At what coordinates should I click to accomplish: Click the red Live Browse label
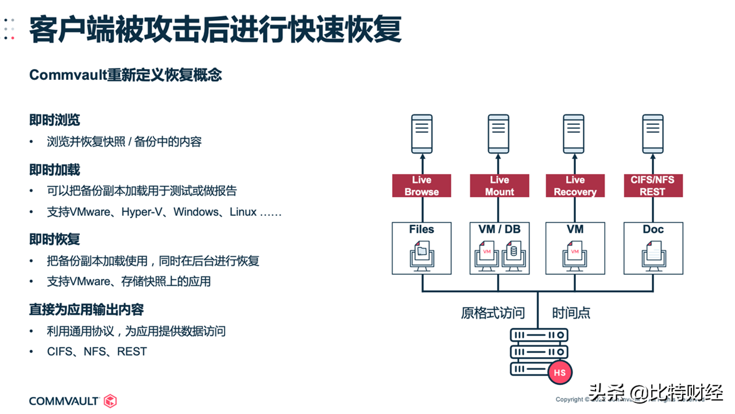tap(421, 186)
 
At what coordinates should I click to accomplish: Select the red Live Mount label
tap(499, 186)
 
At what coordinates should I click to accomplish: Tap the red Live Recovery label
tap(575, 186)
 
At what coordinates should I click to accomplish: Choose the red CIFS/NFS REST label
tap(653, 186)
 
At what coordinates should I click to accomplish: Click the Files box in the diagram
tap(421, 248)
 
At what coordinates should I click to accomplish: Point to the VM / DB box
tap(499, 248)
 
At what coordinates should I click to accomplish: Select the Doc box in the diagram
tap(653, 248)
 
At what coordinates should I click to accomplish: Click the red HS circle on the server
tap(559, 373)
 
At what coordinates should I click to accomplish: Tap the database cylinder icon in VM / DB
tap(512, 251)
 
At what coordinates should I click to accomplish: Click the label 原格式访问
tap(493, 313)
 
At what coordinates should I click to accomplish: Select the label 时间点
tap(571, 313)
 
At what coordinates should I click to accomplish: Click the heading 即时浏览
tap(55, 120)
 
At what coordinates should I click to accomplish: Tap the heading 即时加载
tap(55, 170)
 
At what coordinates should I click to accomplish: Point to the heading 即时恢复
tap(55, 239)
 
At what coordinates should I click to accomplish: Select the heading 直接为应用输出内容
tap(86, 310)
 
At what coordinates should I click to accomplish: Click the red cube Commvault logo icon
tap(110, 401)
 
